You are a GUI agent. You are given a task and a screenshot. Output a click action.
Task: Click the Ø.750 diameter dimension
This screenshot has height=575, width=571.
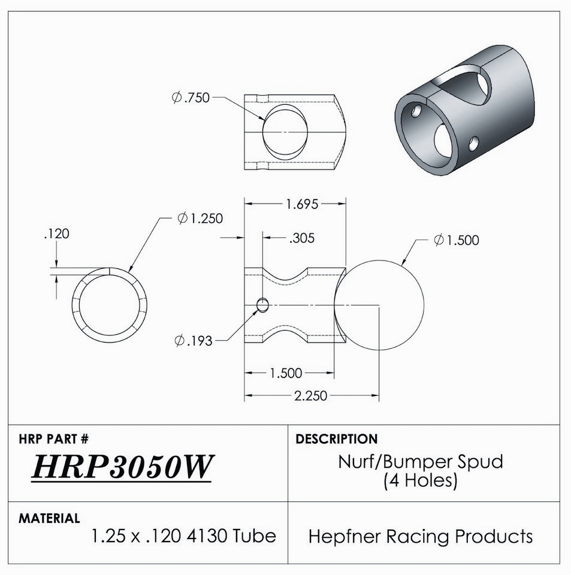191,98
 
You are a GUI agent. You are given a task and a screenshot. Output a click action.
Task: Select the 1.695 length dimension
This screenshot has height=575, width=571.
302,204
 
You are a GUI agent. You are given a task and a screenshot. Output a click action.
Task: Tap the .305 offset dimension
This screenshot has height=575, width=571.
302,238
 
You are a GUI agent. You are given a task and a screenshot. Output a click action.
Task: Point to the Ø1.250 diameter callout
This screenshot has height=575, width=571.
200,218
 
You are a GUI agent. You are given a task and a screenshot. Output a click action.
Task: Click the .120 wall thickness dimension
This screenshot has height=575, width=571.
56,234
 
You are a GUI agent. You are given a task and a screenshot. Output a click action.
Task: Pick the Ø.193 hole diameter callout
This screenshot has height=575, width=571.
194,341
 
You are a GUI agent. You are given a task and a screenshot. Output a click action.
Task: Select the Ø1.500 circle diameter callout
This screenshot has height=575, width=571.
456,240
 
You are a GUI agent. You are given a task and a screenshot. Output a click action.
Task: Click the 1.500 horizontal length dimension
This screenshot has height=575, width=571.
286,373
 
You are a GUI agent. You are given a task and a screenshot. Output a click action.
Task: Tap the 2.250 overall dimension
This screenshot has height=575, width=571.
310,396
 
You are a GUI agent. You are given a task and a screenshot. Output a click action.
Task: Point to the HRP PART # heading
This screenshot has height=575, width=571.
53,438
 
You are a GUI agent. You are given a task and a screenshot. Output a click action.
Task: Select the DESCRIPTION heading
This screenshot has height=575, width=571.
336,438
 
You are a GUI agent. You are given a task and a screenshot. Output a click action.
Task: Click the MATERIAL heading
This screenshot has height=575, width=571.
49,518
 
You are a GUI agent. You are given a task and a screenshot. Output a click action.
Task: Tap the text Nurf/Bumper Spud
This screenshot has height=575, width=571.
420,462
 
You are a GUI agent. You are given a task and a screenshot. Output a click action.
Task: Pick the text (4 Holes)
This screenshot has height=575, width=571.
420,480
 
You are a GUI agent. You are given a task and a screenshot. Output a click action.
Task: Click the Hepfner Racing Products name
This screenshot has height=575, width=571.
420,536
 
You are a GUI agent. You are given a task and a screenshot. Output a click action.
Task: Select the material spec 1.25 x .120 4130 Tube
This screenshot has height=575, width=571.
183,536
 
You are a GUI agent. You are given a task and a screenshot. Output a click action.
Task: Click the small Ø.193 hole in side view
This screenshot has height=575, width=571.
262,305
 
